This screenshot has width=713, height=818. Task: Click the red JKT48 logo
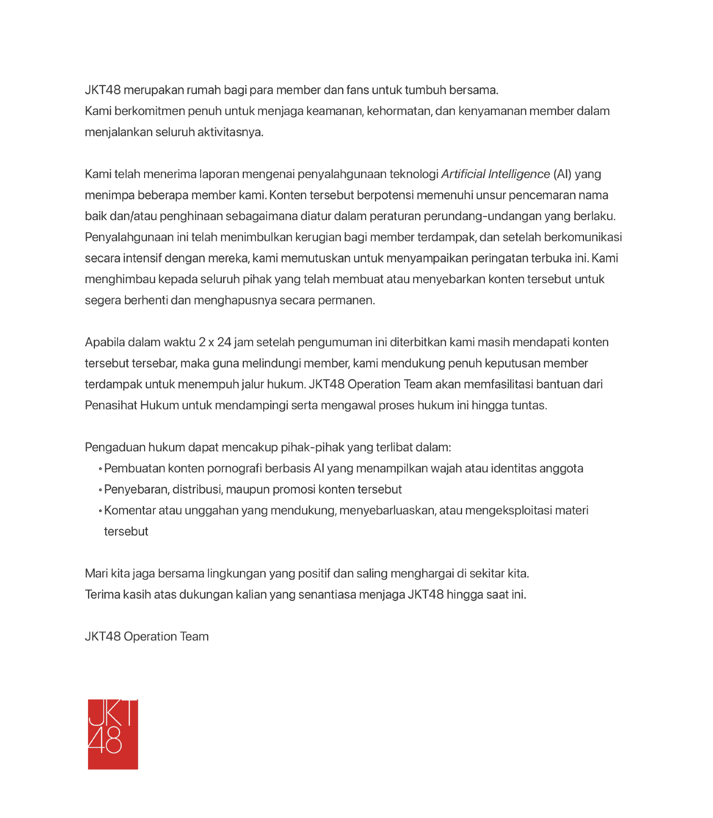pyautogui.click(x=113, y=734)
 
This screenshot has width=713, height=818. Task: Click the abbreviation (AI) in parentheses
pyautogui.click(x=562, y=174)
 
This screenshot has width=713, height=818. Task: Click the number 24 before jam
pyautogui.click(x=224, y=343)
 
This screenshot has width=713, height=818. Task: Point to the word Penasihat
pyautogui.click(x=111, y=406)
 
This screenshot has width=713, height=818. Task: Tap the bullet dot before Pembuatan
pyautogui.click(x=100, y=469)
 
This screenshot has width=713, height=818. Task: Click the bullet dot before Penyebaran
pyautogui.click(x=100, y=490)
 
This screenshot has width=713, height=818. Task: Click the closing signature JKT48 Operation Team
pyautogui.click(x=147, y=637)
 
